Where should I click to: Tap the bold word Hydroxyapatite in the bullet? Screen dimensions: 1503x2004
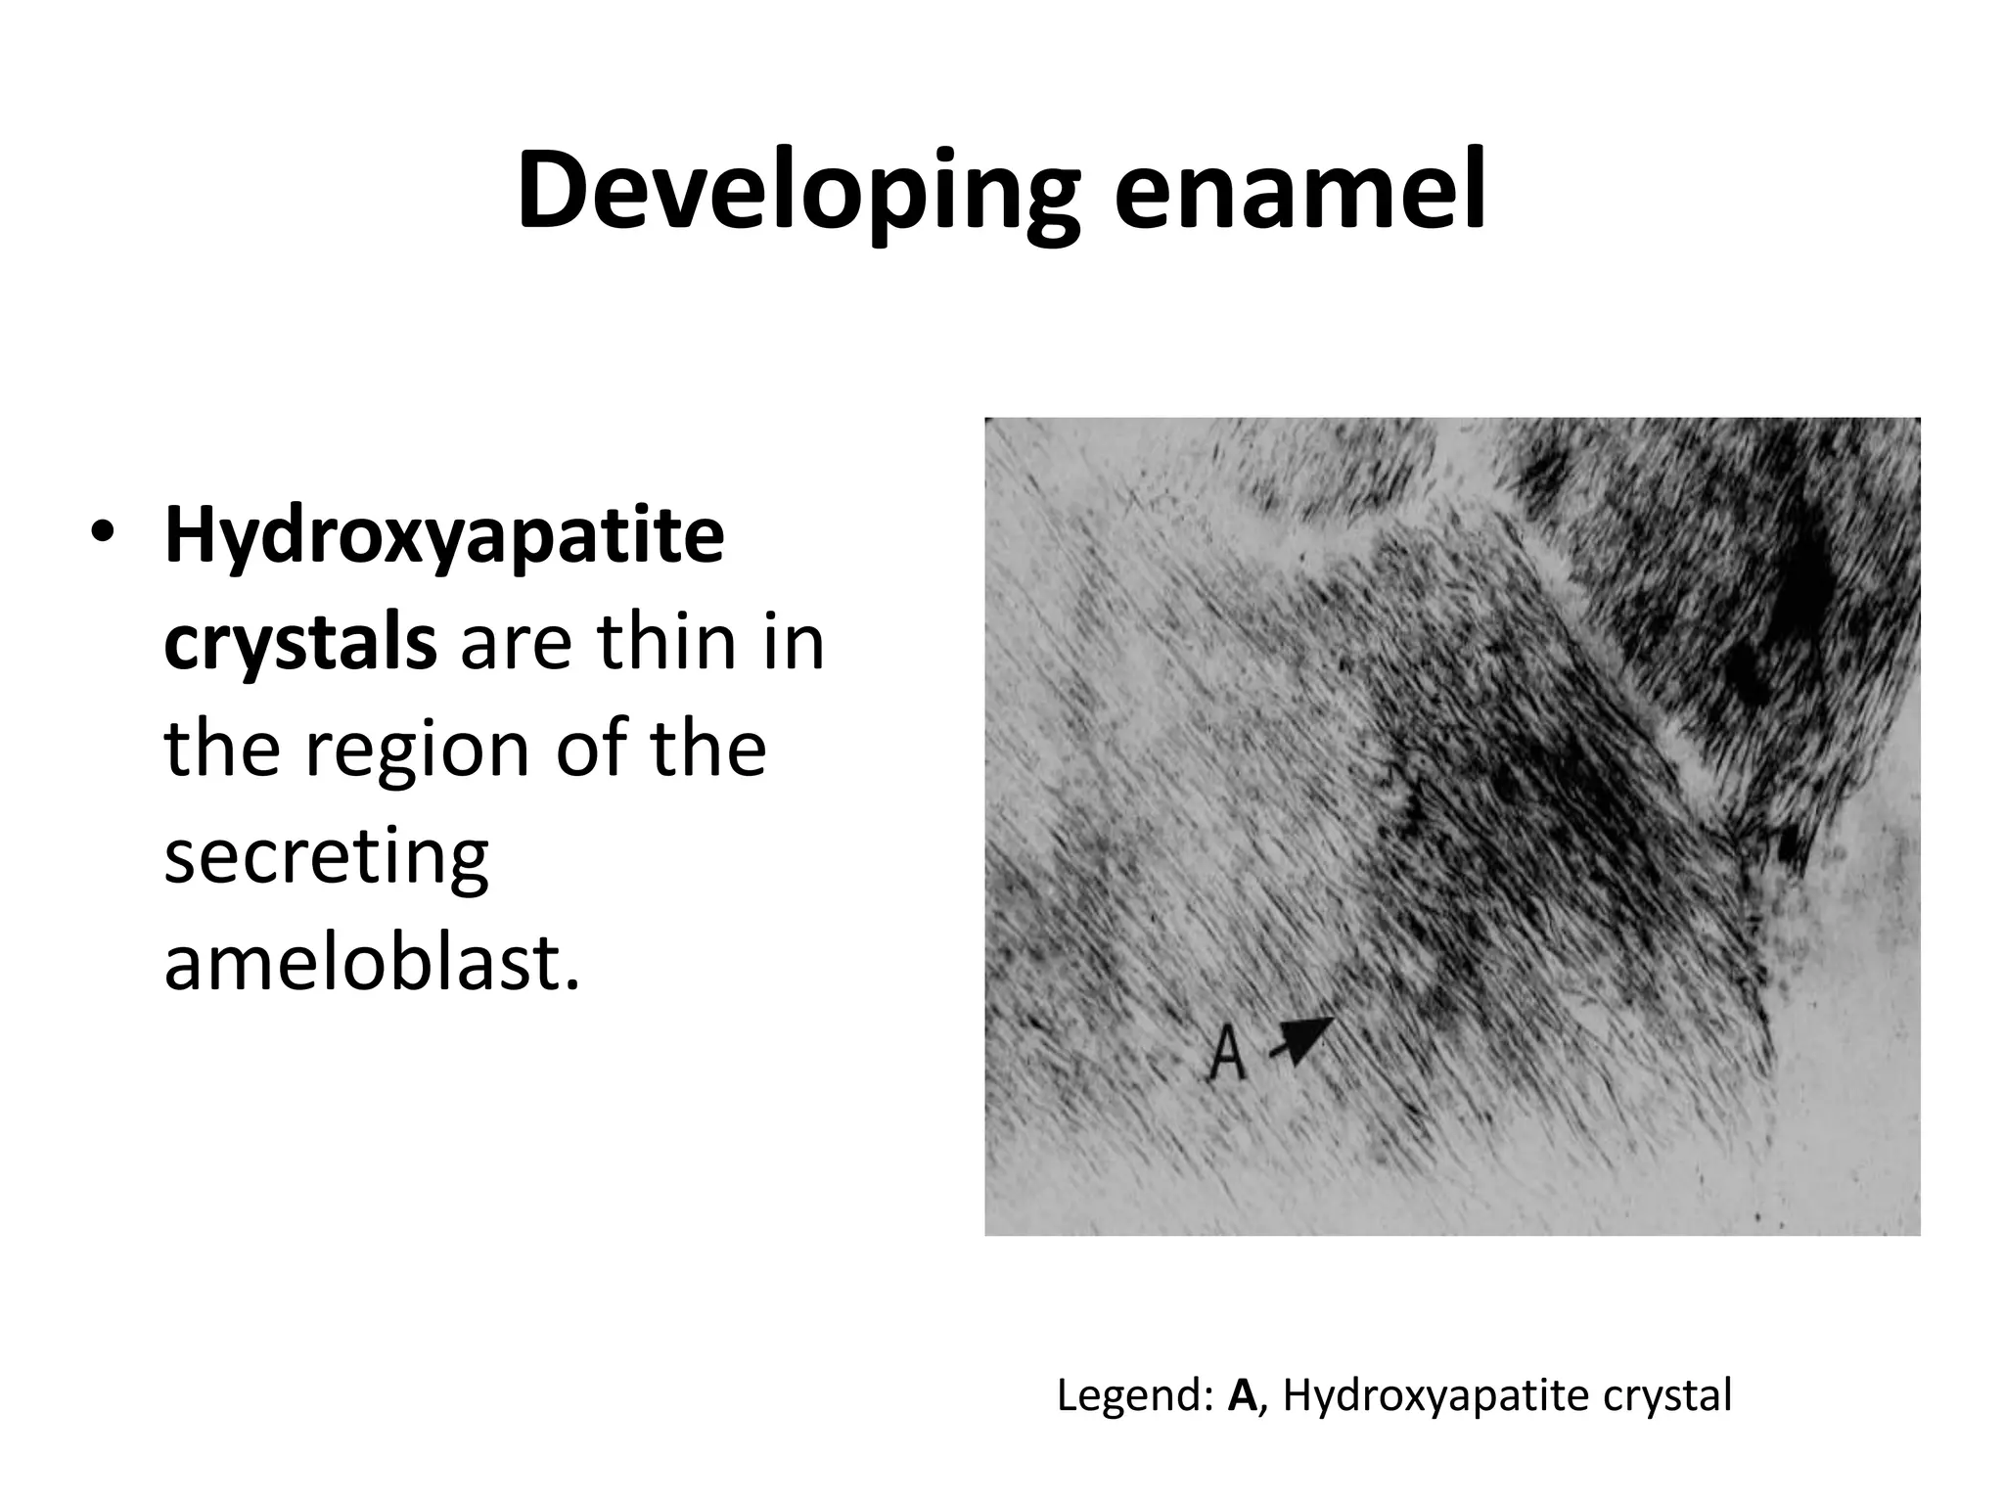point(444,539)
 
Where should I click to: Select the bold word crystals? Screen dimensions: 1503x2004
point(299,645)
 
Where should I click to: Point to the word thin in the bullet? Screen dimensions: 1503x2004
point(665,643)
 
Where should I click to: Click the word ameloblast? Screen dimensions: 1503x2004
point(372,963)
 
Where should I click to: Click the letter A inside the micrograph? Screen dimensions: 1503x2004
point(1227,1054)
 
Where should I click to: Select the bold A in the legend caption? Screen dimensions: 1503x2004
point(1243,1395)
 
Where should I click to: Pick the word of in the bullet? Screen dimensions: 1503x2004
point(592,750)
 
